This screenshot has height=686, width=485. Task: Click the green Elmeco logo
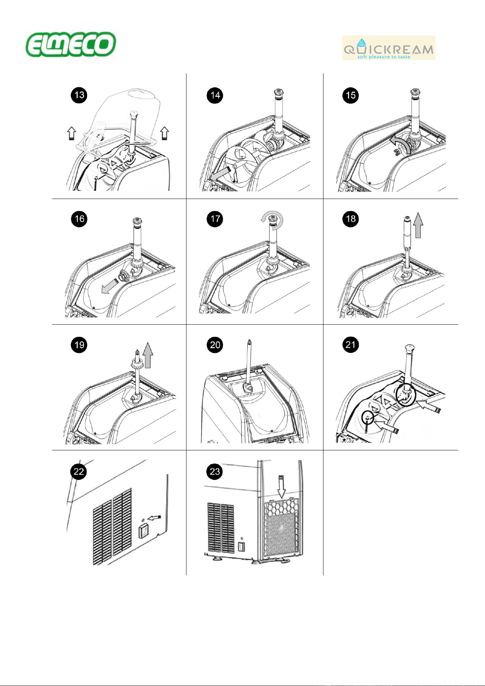[71, 44]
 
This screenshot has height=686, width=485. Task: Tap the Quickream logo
[389, 48]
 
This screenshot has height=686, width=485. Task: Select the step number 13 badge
[79, 95]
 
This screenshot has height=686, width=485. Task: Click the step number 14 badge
[215, 95]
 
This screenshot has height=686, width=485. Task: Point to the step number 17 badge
[215, 219]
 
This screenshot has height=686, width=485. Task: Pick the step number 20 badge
[215, 344]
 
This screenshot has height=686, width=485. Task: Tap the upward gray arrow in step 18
[418, 226]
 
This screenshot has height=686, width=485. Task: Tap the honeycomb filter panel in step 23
[281, 527]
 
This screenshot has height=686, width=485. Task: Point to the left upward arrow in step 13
[71, 133]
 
